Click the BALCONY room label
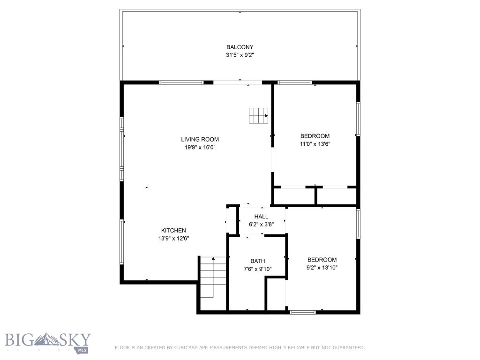tap(240, 47)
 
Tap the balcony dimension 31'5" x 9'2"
tap(240, 55)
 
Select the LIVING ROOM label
tap(200, 139)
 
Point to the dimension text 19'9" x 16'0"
tap(200, 147)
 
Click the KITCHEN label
tap(173, 230)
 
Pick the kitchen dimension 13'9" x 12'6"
tap(173, 238)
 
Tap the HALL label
tap(261, 217)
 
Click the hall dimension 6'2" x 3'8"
tap(261, 224)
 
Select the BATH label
tap(257, 261)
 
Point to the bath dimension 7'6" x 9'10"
tap(257, 269)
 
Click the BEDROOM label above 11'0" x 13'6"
tap(315, 136)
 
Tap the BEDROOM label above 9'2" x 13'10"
tap(322, 260)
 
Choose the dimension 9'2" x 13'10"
tap(322, 268)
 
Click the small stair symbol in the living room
tap(258, 115)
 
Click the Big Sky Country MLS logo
tap(48, 343)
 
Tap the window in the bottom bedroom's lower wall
tap(302, 312)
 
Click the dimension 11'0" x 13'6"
tap(315, 144)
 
